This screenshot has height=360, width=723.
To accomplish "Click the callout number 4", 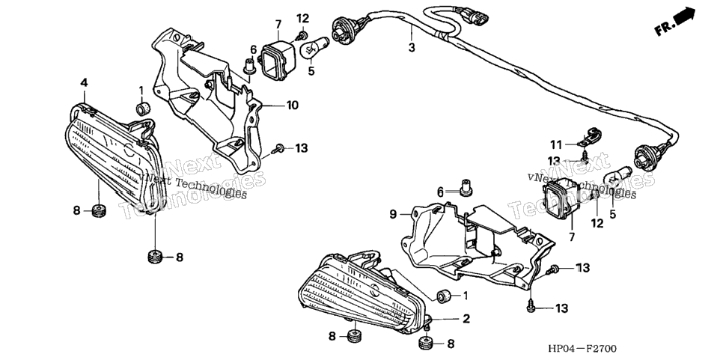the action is (x=84, y=82).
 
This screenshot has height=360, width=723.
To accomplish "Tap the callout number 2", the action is (x=466, y=318).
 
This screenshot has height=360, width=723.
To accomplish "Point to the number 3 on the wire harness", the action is (x=412, y=47).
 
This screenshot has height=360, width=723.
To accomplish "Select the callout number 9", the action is (x=393, y=214).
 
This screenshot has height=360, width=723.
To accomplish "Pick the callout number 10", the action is (x=293, y=105).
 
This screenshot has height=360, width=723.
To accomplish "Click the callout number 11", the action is (x=556, y=145).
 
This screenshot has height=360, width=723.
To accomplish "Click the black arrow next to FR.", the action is (x=684, y=16).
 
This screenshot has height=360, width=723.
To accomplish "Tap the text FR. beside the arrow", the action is (x=664, y=29).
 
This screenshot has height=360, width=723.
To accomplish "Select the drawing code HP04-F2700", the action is (x=582, y=349).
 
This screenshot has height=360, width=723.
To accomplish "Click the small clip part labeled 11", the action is (x=588, y=137).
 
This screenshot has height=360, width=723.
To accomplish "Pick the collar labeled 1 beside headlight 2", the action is (x=444, y=296).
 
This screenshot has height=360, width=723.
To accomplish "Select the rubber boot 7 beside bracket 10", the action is (x=278, y=58).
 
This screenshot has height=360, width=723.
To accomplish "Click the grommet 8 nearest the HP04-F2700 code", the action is (x=426, y=344).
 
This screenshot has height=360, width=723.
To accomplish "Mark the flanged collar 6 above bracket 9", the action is (x=466, y=188).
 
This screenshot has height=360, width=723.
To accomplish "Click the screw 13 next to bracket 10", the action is (x=278, y=149).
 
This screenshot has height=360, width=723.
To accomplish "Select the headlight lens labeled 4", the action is (x=115, y=156).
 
